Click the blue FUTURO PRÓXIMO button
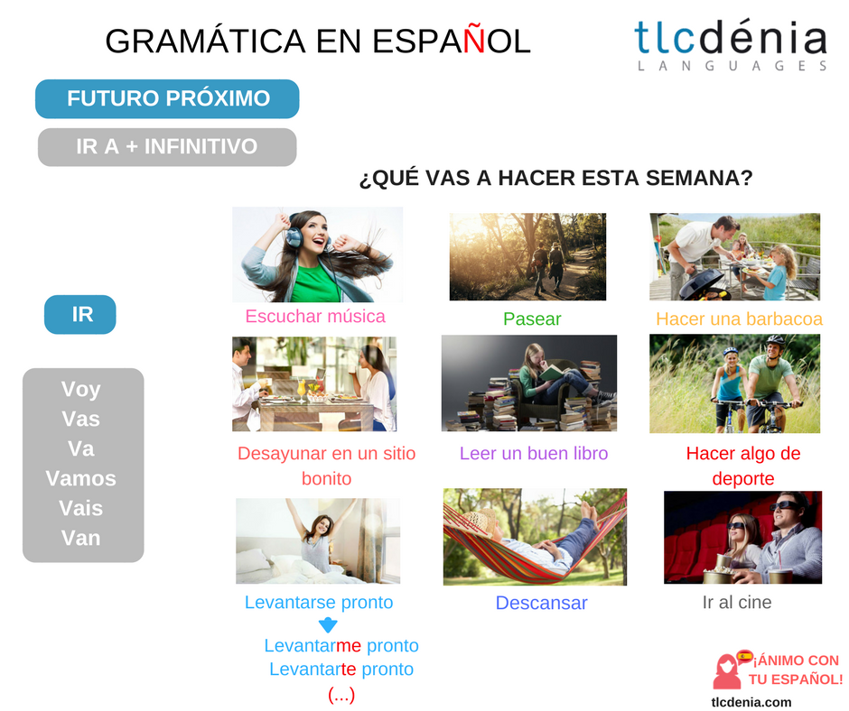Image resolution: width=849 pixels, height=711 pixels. (x=167, y=99)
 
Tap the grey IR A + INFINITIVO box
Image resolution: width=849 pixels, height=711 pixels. (x=167, y=147)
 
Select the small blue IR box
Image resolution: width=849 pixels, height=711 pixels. (x=80, y=315)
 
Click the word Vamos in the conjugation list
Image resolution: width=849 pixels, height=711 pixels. (x=81, y=478)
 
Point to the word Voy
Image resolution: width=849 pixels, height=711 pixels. (x=81, y=390)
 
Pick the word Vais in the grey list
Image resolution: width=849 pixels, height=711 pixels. (x=81, y=508)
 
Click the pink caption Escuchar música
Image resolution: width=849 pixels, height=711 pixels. (x=315, y=316)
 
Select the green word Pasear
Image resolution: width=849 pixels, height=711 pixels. (x=532, y=319)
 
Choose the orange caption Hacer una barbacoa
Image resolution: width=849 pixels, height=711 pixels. (x=739, y=319)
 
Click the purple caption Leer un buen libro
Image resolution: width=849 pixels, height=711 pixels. (x=534, y=453)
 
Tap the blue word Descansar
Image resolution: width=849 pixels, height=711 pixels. (x=541, y=603)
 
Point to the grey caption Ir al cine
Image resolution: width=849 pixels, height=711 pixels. (x=737, y=602)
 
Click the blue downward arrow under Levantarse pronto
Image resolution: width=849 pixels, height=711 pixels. (x=329, y=624)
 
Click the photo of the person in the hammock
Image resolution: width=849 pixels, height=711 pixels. (x=535, y=537)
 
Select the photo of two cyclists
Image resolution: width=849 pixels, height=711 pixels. (x=734, y=383)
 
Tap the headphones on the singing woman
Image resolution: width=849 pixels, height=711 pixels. (x=294, y=236)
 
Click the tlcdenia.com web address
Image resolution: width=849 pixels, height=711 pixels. (x=751, y=701)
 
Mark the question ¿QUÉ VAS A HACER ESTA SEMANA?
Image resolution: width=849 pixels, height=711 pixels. (x=555, y=179)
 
